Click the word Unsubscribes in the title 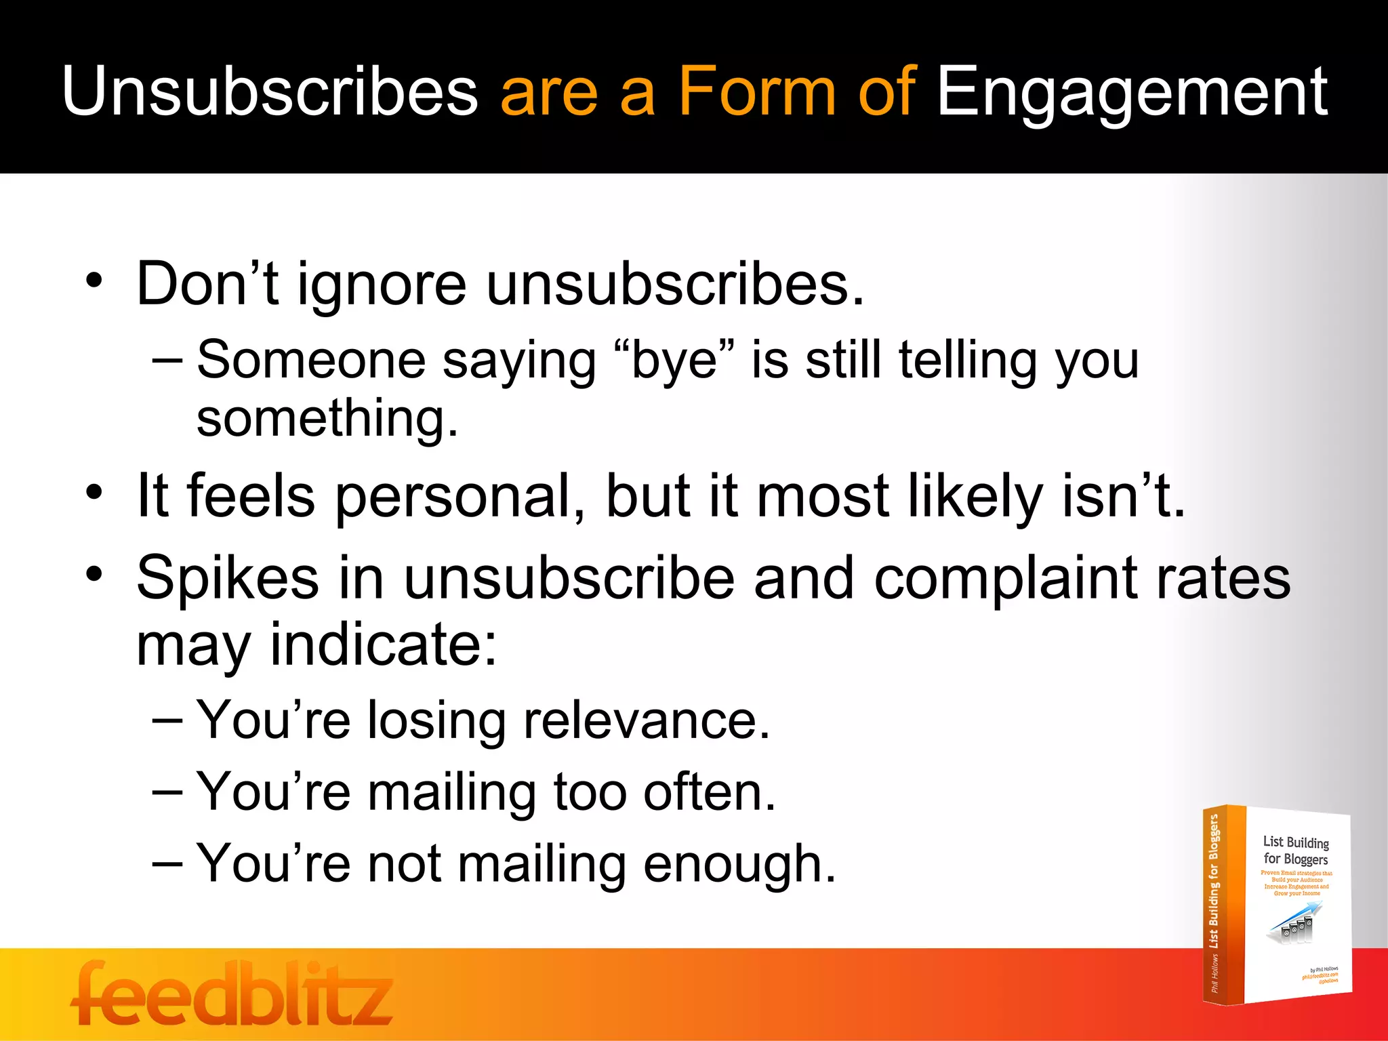pos(270,91)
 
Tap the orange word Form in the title pos(757,91)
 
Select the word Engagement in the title pos(1132,91)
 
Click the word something pos(327,418)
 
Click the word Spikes pos(228,578)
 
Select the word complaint pos(1005,578)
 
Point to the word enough pos(739,865)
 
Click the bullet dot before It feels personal pos(95,493)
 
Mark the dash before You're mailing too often pos(167,792)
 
